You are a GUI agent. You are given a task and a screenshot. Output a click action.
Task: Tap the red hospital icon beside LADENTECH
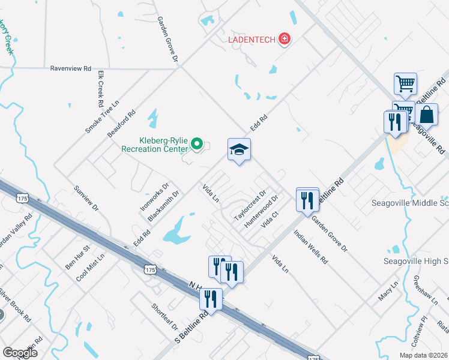285,40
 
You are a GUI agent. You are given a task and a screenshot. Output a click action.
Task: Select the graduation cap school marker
239,151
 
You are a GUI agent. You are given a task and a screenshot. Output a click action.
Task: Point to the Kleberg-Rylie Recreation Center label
155,144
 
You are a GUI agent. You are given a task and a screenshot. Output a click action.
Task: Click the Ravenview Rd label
70,68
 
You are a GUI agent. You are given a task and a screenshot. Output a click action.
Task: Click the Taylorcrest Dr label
250,206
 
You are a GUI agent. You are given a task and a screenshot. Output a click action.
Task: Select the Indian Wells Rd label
310,247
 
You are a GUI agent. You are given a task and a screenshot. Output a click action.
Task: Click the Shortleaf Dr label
164,317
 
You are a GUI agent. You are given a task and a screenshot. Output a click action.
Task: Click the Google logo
20,352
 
